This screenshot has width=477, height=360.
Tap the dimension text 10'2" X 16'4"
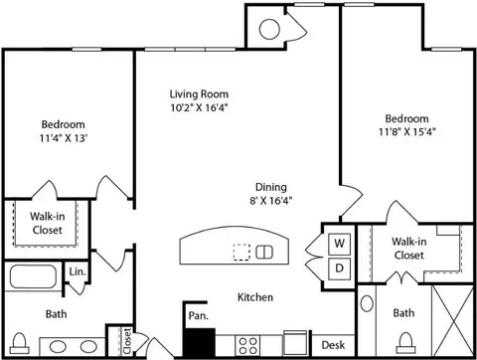(x=200, y=107)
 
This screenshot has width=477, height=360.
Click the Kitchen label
(x=255, y=296)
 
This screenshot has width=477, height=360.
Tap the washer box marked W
(x=338, y=244)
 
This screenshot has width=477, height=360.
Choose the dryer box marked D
(x=338, y=269)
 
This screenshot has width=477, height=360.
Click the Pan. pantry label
(x=197, y=315)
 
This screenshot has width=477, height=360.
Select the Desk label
(x=332, y=345)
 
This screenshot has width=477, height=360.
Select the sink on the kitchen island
(x=265, y=251)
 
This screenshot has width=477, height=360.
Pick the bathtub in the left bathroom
(x=36, y=275)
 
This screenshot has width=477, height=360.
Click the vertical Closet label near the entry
(x=126, y=341)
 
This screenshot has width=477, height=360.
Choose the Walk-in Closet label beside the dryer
(x=408, y=248)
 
